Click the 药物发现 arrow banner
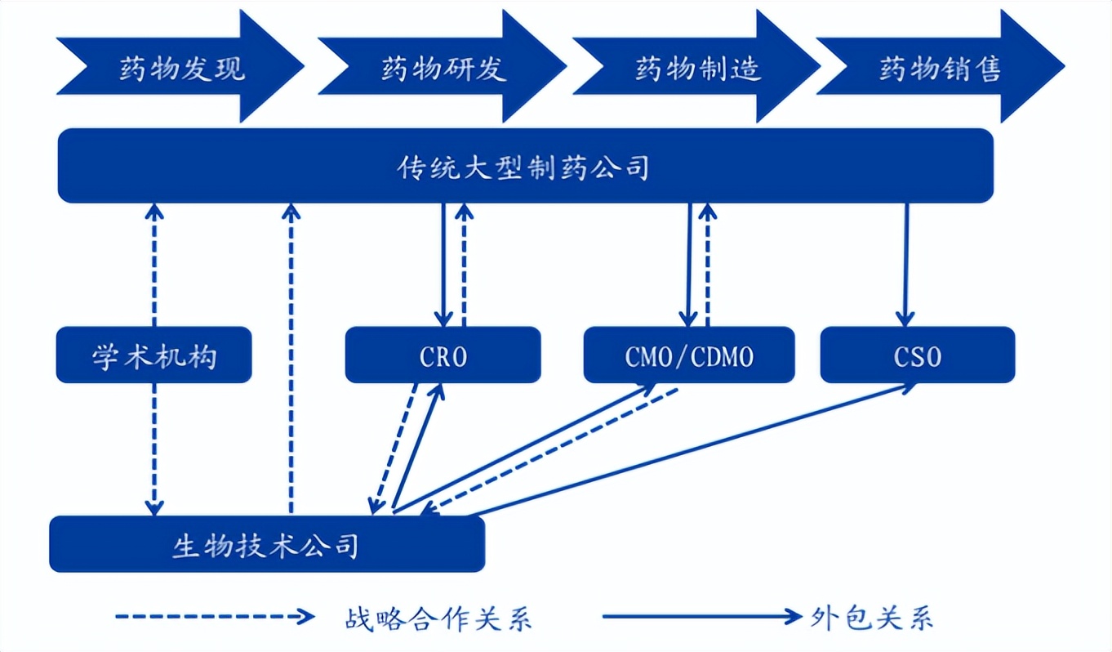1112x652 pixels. pyautogui.click(x=180, y=67)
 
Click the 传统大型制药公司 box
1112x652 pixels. pyautogui.click(x=525, y=166)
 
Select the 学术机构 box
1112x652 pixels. pyautogui.click(x=153, y=355)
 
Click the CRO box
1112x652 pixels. pyautogui.click(x=443, y=355)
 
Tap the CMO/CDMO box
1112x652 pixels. pyautogui.click(x=689, y=355)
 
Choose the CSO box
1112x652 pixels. pyautogui.click(x=917, y=355)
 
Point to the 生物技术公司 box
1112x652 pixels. pyautogui.click(x=266, y=544)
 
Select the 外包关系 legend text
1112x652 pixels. pyautogui.click(x=874, y=618)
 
